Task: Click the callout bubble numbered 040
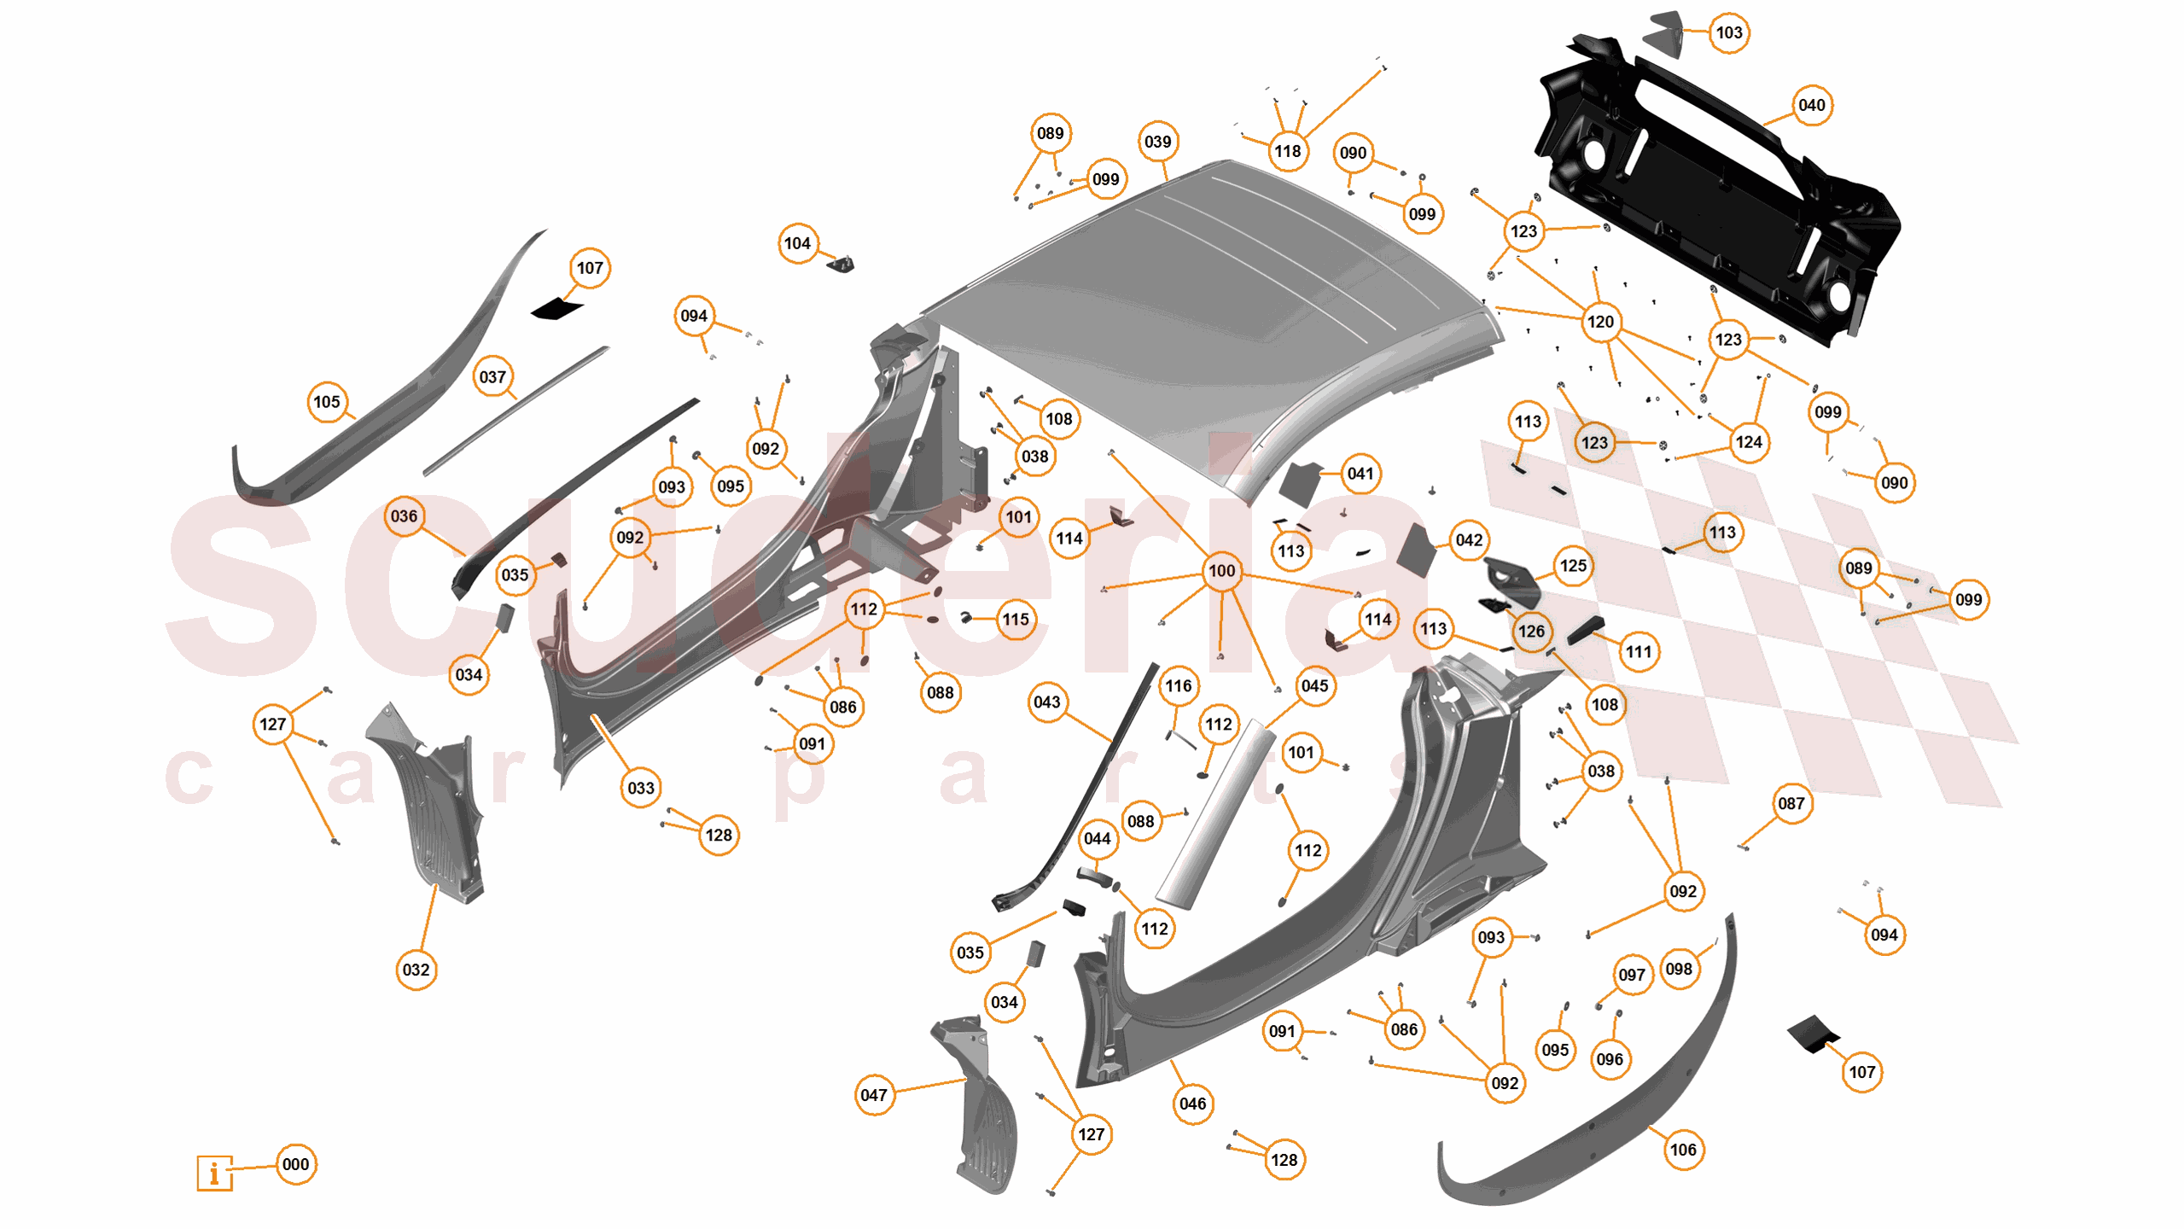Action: (1810, 105)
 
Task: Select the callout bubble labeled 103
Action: (1728, 32)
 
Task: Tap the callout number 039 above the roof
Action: (1157, 142)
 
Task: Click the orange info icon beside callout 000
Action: (214, 1173)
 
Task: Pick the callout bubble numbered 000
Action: (295, 1164)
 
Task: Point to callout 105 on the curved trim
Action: (326, 402)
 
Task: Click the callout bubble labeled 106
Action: (1682, 1150)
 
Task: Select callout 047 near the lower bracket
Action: (873, 1095)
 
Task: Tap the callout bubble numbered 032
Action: (416, 970)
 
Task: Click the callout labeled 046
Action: (1191, 1104)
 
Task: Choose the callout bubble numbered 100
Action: (1221, 570)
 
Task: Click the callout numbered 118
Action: (1287, 151)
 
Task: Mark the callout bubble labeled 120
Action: (1599, 322)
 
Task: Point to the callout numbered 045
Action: (1314, 685)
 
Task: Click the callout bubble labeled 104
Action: (797, 243)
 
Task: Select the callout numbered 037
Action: (492, 376)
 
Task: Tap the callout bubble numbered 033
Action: (640, 788)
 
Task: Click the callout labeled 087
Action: (1791, 803)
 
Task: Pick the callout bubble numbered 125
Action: (1572, 566)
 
